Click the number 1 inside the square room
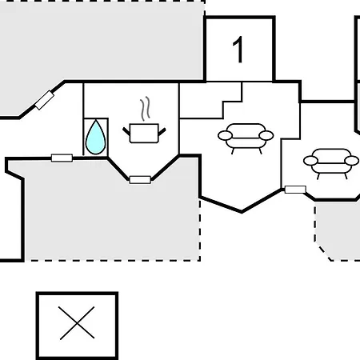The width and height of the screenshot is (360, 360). click(x=238, y=50)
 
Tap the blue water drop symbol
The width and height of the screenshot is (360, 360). click(x=96, y=138)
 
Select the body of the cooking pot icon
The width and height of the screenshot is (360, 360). click(x=144, y=134)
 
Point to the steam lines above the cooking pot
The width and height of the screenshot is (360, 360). click(x=145, y=109)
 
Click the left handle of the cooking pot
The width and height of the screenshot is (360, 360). click(x=126, y=131)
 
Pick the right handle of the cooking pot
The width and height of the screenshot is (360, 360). click(x=162, y=131)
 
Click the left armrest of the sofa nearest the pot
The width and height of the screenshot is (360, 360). click(x=225, y=135)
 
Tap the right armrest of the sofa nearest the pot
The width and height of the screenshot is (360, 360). click(x=266, y=135)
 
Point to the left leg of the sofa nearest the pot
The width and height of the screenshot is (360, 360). click(x=233, y=151)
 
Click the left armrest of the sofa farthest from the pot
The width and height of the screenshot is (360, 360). click(x=310, y=161)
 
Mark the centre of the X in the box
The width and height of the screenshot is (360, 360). click(x=77, y=323)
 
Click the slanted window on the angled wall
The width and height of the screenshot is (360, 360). click(x=45, y=100)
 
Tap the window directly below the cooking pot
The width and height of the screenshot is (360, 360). click(x=140, y=180)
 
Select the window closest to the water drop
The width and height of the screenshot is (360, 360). click(x=62, y=158)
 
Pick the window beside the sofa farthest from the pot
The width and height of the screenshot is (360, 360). click(x=295, y=190)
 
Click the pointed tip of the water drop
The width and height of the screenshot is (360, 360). click(x=96, y=120)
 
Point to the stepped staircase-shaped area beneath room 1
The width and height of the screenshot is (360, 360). click(x=210, y=100)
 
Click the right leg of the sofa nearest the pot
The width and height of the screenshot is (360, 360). click(x=260, y=151)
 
